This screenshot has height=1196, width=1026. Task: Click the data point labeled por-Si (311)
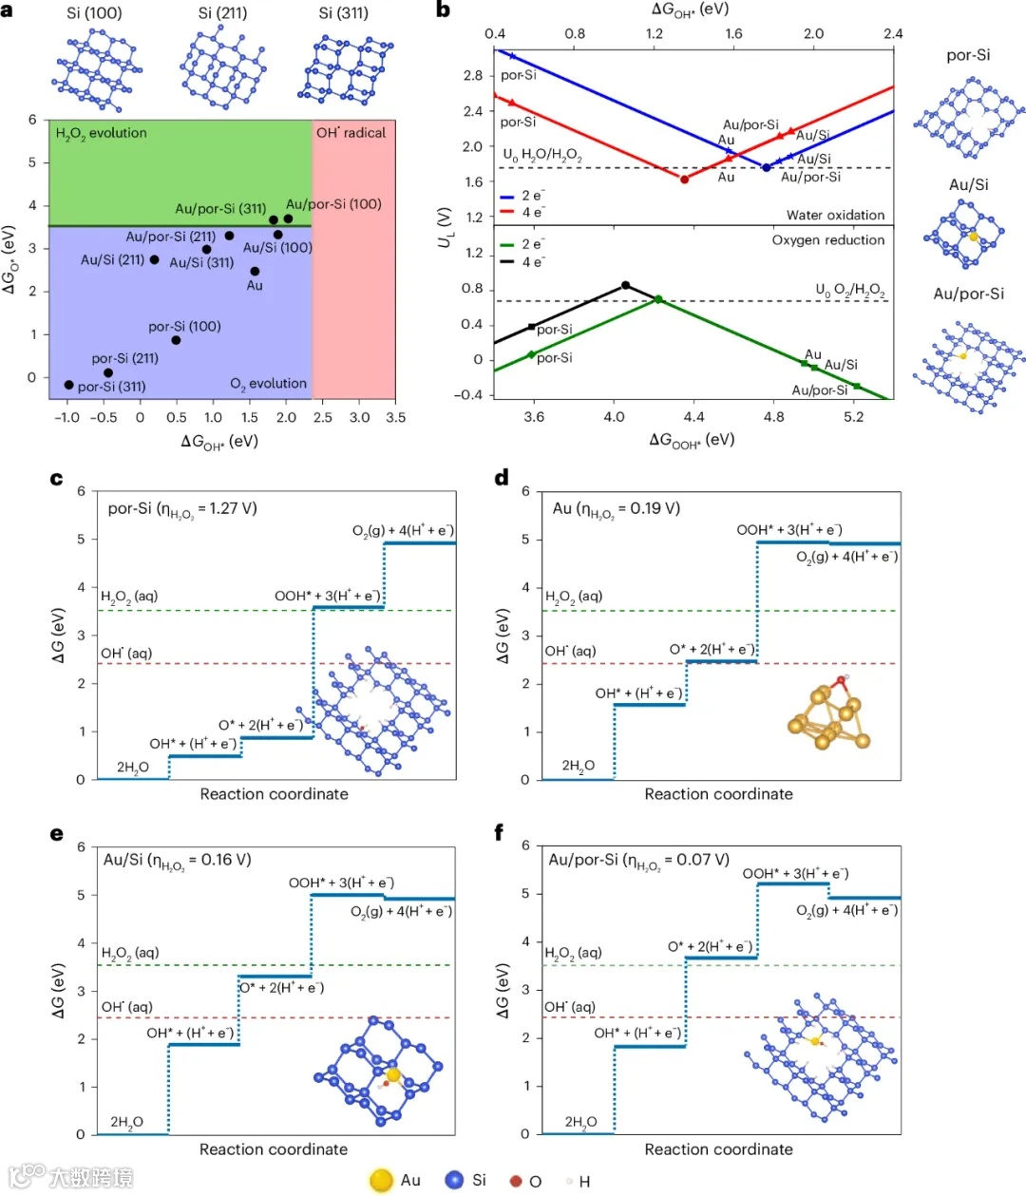tap(68, 385)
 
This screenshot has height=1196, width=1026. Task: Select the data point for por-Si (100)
tap(176, 340)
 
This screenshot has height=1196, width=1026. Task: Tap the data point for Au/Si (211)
tap(155, 259)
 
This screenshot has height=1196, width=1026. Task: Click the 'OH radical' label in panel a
tap(351, 133)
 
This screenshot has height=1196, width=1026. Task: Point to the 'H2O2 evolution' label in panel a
tap(102, 133)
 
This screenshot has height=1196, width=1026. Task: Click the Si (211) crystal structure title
tap(222, 13)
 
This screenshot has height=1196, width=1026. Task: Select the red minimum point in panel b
tap(684, 179)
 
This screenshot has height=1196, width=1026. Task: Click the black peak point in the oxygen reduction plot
tap(625, 285)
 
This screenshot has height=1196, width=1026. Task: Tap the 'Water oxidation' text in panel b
tap(835, 215)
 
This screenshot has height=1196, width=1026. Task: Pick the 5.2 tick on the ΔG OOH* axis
tap(853, 416)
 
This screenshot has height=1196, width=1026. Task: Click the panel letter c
tap(57, 479)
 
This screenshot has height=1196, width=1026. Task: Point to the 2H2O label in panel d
tap(578, 766)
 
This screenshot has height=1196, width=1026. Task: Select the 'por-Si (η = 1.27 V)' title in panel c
tap(182, 509)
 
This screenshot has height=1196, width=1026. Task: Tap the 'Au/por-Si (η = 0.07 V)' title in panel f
tap(639, 861)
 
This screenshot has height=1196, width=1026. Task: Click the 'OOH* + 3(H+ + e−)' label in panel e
tap(341, 883)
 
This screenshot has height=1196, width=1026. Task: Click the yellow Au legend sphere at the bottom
tap(381, 1180)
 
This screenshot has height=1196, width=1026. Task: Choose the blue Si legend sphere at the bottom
tap(454, 1180)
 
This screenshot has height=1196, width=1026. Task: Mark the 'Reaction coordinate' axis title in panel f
tap(718, 1149)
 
